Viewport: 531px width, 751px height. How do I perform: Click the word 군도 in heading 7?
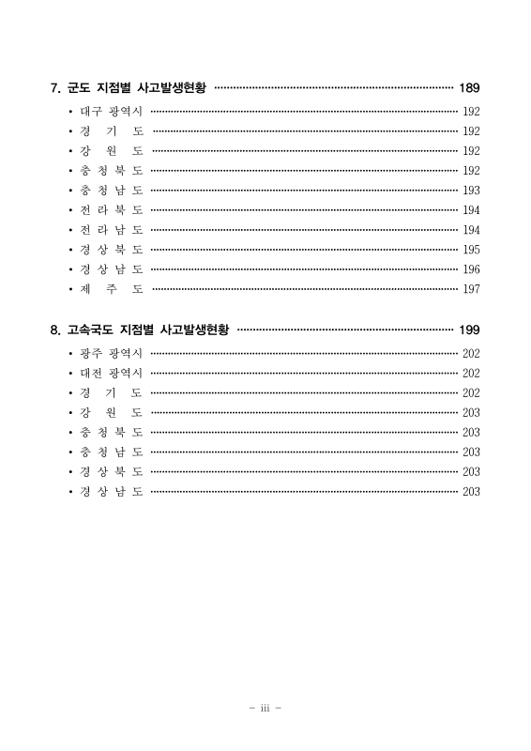(76, 89)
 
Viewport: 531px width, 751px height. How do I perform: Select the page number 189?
(469, 89)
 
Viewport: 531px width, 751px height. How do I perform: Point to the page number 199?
(469, 330)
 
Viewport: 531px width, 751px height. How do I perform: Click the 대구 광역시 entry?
(111, 112)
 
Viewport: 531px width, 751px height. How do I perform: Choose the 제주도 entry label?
(111, 288)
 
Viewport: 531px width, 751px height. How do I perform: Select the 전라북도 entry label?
(111, 209)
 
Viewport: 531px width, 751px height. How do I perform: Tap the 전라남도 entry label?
(111, 229)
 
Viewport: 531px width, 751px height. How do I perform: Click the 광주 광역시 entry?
(111, 353)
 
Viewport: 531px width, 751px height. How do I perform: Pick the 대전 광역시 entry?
(111, 373)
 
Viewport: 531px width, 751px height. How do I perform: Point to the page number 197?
(471, 289)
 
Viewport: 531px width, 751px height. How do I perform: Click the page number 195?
(471, 250)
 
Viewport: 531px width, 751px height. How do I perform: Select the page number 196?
(471, 269)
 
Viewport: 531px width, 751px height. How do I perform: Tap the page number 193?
(471, 191)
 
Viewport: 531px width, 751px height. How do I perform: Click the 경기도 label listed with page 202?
(111, 392)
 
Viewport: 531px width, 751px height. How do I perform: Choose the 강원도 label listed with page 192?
(111, 150)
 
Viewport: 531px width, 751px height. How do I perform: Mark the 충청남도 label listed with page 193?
(111, 190)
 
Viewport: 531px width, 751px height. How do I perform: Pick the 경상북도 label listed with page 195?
(111, 249)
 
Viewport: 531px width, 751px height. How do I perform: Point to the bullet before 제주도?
(70, 289)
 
